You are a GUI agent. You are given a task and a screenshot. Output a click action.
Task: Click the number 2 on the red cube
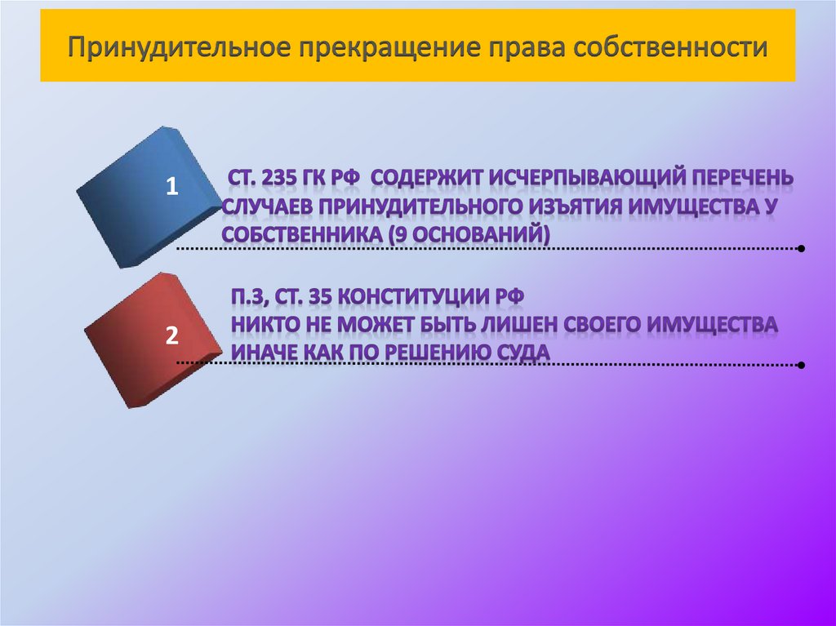pos(171,335)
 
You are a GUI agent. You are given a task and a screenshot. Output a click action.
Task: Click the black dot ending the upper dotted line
pos(803,248)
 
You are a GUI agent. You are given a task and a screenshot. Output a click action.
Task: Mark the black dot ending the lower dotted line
pos(803,366)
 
